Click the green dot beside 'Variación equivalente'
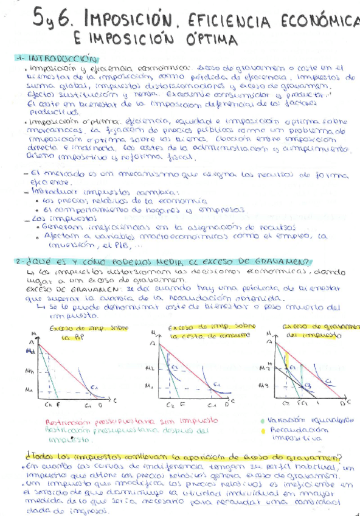coord(261,420)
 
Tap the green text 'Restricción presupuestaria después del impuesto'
coord(122,430)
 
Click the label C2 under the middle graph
coord(170,404)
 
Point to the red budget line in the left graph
coord(67,371)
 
